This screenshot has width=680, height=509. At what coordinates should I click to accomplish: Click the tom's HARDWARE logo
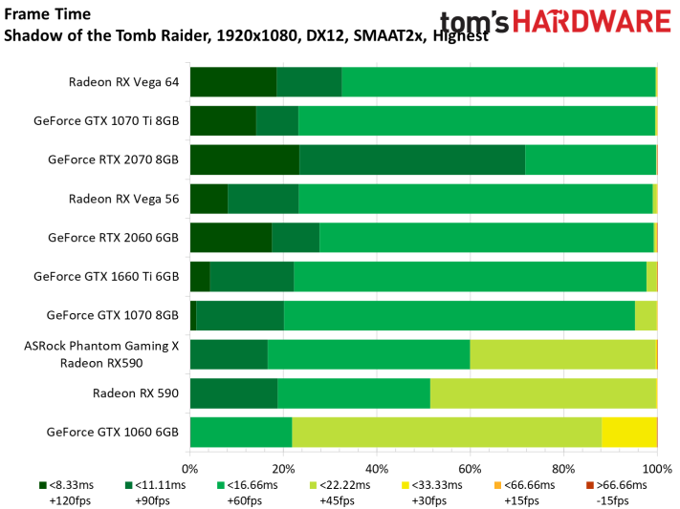click(x=555, y=23)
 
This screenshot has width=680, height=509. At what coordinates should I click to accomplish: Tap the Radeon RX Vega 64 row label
click(x=123, y=81)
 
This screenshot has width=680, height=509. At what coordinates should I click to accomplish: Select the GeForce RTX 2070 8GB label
click(x=113, y=159)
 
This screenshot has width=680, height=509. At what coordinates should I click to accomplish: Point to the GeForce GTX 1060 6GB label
click(x=112, y=432)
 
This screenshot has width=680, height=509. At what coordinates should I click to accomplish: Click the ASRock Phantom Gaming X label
click(x=101, y=346)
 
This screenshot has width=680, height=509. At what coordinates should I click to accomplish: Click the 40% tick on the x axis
click(x=377, y=469)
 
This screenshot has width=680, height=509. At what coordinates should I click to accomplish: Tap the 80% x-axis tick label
click(x=563, y=469)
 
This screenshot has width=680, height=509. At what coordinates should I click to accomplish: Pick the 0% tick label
click(x=190, y=469)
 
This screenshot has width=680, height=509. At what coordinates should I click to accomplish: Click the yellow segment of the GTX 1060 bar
click(x=628, y=432)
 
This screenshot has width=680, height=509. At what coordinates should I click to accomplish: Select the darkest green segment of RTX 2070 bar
click(x=245, y=159)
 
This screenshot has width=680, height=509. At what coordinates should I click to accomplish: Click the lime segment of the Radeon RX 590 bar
click(x=542, y=392)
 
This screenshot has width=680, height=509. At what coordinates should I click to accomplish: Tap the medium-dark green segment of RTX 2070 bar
click(x=412, y=159)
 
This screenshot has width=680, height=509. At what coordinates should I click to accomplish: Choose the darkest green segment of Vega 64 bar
click(x=233, y=82)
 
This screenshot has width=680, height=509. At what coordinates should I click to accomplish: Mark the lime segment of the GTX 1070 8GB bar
click(x=646, y=315)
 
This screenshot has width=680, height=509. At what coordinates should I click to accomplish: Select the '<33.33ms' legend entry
click(x=435, y=485)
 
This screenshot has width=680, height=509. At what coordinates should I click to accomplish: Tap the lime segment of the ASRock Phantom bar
click(x=562, y=353)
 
